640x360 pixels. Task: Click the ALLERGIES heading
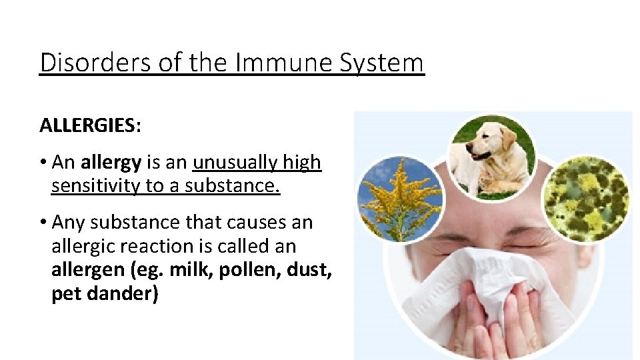click(87, 125)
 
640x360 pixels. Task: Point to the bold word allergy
click(111, 163)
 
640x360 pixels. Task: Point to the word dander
click(120, 293)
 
